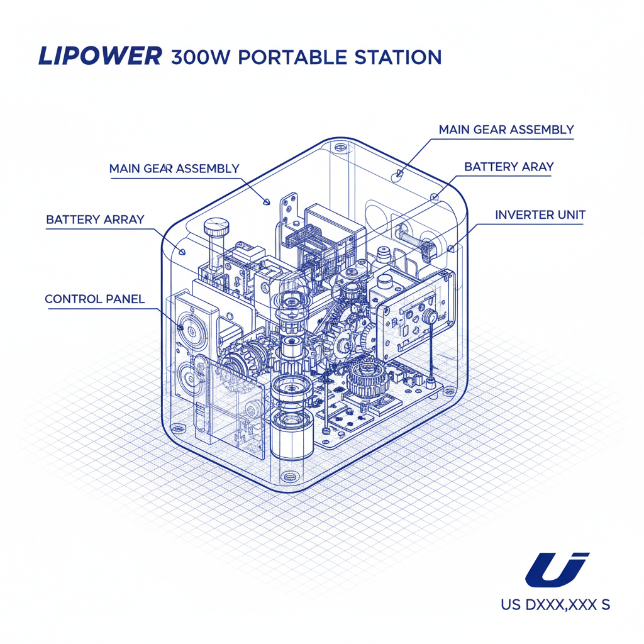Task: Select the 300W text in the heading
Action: (201, 57)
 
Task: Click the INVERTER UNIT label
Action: (540, 214)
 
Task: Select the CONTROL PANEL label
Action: (94, 298)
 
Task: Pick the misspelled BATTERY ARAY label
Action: (509, 167)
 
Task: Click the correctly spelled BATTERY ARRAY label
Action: (95, 219)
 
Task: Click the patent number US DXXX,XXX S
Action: (555, 605)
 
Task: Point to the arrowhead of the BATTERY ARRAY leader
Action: (182, 252)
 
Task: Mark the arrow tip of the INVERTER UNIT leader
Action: (451, 249)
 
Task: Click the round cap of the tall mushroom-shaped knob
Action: (216, 225)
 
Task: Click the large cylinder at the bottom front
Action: (291, 434)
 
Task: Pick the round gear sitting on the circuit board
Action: (366, 377)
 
